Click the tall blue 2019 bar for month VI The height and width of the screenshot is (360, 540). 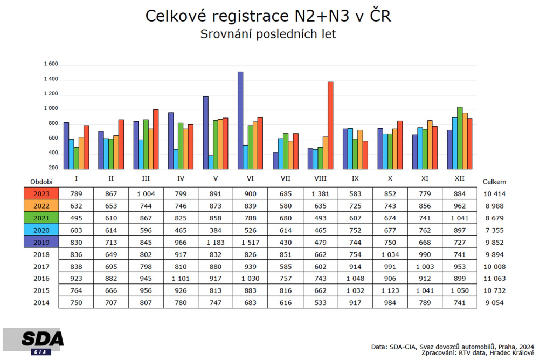point(240,120)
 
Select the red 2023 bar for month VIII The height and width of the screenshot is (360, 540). point(330,126)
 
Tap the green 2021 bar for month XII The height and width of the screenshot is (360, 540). point(460,138)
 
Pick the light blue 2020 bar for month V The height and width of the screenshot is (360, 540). point(211,162)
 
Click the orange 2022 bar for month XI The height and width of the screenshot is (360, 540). point(430,144)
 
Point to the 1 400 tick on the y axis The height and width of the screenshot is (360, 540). point(51,79)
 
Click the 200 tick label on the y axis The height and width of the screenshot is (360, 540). point(53,168)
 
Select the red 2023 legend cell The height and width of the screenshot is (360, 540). point(41,193)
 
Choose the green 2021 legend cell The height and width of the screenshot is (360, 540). point(41,218)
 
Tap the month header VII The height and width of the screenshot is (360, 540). point(286,178)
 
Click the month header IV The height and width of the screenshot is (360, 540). point(181,178)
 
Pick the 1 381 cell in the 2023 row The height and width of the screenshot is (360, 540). point(320,194)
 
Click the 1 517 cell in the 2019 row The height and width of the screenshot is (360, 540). point(251,243)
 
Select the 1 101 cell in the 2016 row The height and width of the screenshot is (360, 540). point(181,279)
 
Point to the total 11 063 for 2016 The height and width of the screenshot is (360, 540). point(495,279)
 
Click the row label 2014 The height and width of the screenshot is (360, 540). point(41,303)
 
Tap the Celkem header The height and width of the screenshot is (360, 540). point(495,182)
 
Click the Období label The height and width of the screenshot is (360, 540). point(41,182)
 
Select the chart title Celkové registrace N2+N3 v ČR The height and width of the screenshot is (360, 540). point(268,16)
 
